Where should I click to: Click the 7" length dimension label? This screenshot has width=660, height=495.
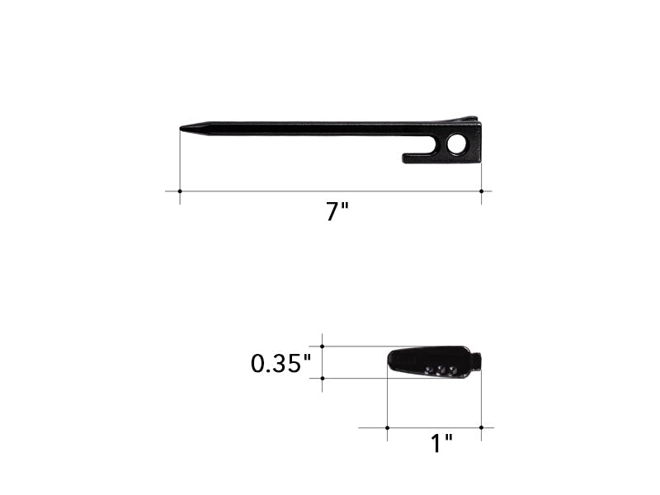pos(337,211)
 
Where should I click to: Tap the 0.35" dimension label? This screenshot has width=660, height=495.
pos(280,363)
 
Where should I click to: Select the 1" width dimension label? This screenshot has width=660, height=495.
pos(441,443)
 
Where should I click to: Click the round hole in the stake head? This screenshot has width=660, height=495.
pos(457,144)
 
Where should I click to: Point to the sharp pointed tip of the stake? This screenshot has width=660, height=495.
pos(181,128)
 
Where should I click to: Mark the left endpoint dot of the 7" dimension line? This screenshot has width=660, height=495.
pos(180,191)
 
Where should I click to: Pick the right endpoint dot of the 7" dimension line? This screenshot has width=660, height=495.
pos(482,191)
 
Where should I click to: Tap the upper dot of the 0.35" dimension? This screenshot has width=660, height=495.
pos(323,346)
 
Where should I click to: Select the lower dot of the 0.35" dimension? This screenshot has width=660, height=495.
pos(323,379)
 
